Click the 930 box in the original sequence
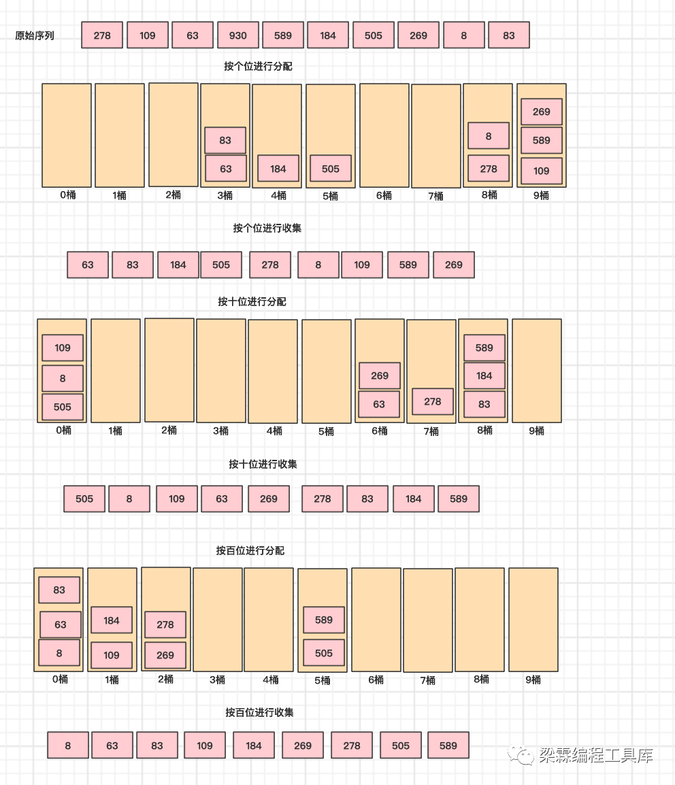(x=238, y=35)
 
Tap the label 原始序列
(x=35, y=36)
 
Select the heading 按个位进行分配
(x=258, y=67)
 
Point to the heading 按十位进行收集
(x=263, y=465)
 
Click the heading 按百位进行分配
(x=250, y=550)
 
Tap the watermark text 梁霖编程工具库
(x=595, y=755)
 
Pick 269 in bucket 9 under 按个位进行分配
(x=542, y=112)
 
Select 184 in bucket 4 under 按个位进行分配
(x=278, y=169)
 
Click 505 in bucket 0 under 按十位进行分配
(x=63, y=407)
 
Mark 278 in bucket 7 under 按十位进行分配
(x=433, y=401)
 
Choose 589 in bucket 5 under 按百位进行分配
(x=324, y=620)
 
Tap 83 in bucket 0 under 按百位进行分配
(x=59, y=590)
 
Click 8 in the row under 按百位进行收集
(x=68, y=746)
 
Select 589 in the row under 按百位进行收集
(x=448, y=746)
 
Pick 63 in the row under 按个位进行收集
(x=88, y=265)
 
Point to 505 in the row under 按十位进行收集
(x=84, y=499)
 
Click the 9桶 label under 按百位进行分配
(x=533, y=680)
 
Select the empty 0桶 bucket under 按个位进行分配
(x=67, y=135)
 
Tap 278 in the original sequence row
(x=102, y=35)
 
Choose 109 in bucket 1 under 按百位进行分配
(x=112, y=655)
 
